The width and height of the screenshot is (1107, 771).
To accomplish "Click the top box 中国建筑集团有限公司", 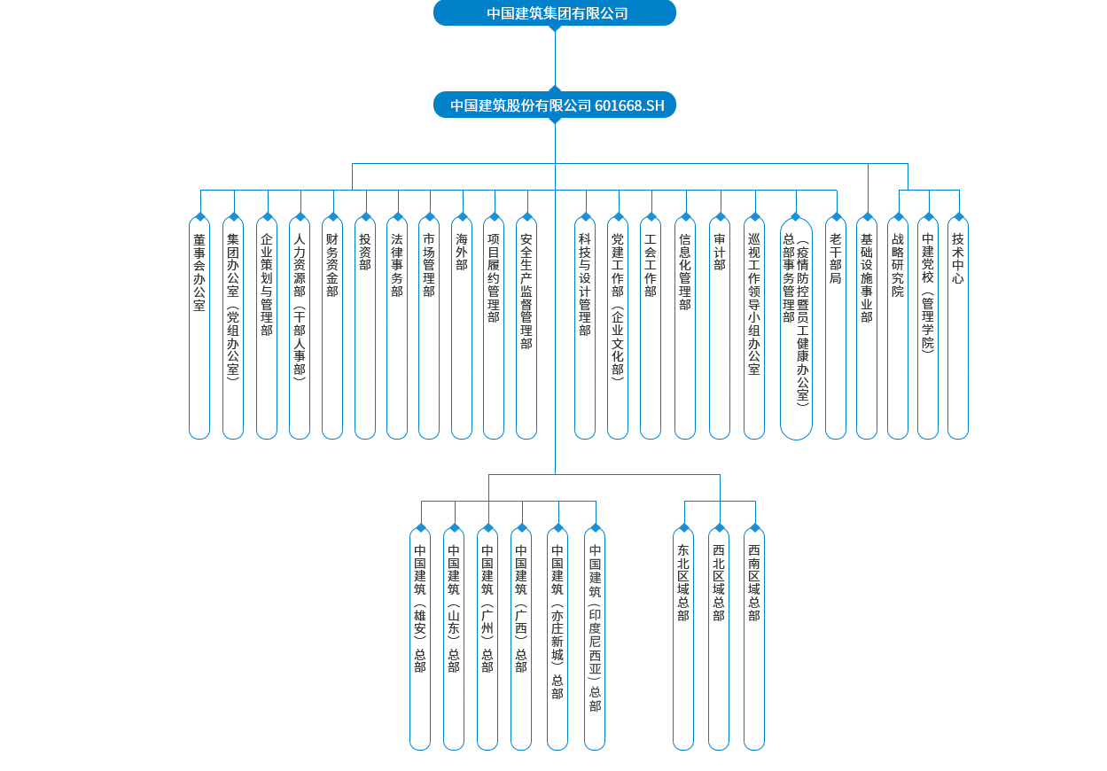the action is click(555, 12).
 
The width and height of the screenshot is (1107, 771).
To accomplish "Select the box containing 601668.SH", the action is click(555, 105).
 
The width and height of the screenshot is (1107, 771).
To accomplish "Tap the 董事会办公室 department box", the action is click(199, 328).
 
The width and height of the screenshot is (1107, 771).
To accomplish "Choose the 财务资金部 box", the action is click(332, 328).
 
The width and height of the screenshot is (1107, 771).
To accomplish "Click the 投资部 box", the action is click(365, 328).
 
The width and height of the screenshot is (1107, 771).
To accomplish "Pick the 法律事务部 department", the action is click(397, 328).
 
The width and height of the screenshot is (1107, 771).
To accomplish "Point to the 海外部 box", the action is click(462, 328).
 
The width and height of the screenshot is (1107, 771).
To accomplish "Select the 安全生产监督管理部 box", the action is click(526, 328).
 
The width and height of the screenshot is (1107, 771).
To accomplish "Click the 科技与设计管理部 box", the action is click(585, 328).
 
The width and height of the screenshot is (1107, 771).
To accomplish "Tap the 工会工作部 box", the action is click(651, 328).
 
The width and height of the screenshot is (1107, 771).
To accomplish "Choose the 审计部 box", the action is click(720, 328).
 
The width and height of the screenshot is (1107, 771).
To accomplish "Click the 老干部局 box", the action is click(836, 328).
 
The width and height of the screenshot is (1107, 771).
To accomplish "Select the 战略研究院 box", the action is click(898, 328).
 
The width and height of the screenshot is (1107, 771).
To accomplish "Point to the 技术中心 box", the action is click(958, 328).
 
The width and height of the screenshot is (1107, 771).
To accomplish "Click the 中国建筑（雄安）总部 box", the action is click(420, 639).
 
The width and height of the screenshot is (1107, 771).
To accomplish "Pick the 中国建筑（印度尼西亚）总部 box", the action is click(595, 639).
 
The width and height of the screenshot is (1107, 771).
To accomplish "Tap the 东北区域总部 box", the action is click(683, 639).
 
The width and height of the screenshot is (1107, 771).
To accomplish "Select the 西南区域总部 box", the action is click(754, 639).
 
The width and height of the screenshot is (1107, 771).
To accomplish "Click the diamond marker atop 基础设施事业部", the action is click(868, 216).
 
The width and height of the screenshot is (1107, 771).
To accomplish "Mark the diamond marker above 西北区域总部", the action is click(720, 528).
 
